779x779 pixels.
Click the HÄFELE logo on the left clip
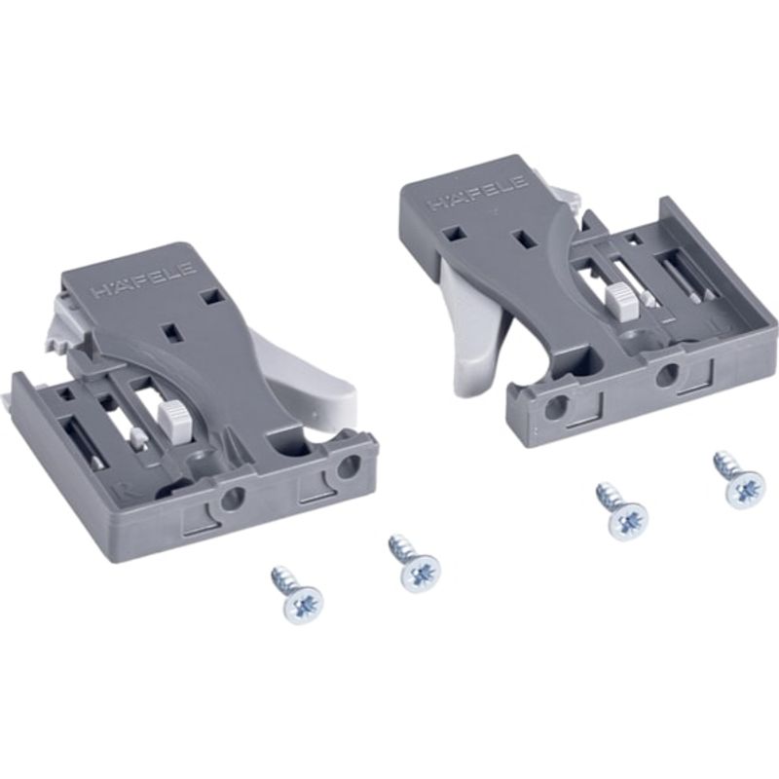[x=143, y=280]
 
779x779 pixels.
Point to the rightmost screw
[x=737, y=480]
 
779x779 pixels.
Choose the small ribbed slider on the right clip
[x=620, y=300]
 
